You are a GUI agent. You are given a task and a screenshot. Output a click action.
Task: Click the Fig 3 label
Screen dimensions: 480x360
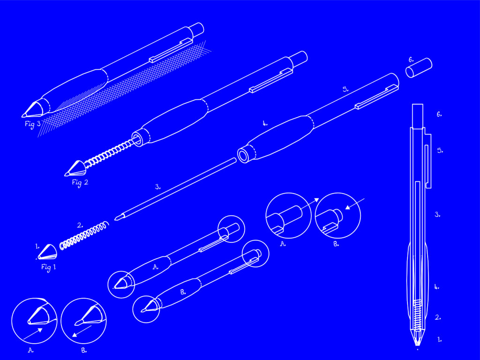(x=33, y=124)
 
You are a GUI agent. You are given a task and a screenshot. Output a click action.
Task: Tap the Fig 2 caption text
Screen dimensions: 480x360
(x=80, y=182)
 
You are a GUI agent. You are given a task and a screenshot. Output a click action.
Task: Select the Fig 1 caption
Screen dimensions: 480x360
(x=49, y=267)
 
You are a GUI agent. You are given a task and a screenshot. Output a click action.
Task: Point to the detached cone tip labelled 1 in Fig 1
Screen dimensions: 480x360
(x=47, y=252)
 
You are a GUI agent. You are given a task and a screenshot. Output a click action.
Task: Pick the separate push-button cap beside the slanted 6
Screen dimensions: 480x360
(x=419, y=67)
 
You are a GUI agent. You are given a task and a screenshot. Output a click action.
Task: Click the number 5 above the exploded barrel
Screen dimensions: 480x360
(x=345, y=90)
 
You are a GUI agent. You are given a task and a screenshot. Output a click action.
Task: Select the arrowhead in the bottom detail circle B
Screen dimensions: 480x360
(x=75, y=335)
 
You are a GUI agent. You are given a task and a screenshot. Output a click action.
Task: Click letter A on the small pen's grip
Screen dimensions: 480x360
(x=156, y=267)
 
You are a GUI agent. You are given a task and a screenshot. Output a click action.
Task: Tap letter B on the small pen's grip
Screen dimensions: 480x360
(x=183, y=292)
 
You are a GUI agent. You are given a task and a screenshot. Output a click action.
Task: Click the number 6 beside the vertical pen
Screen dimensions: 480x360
(x=439, y=114)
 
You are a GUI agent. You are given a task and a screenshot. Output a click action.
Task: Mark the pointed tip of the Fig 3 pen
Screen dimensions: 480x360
(x=22, y=116)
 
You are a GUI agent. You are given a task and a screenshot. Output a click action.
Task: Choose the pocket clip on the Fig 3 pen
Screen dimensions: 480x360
(x=172, y=51)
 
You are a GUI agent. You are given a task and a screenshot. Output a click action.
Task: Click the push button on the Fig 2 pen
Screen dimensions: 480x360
(x=299, y=58)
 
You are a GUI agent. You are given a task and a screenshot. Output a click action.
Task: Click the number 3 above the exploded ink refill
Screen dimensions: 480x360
(x=157, y=187)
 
